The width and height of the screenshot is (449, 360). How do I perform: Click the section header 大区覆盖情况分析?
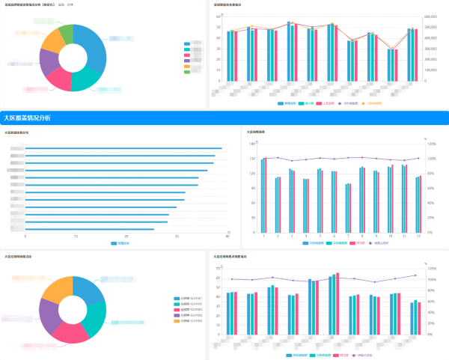pyautogui.click(x=27, y=118)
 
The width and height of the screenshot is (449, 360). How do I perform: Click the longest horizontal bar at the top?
pyautogui.click(x=123, y=148)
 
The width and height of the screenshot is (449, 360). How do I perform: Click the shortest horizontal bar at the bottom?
pyautogui.click(x=90, y=229)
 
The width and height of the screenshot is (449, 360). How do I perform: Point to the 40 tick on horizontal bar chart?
pyautogui.click(x=227, y=236)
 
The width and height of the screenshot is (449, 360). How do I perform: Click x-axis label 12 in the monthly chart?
pyautogui.click(x=418, y=236)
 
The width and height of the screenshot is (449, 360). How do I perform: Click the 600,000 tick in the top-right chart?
pyautogui.click(x=430, y=16)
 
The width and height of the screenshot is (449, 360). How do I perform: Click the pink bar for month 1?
pyautogui.click(x=266, y=195)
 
